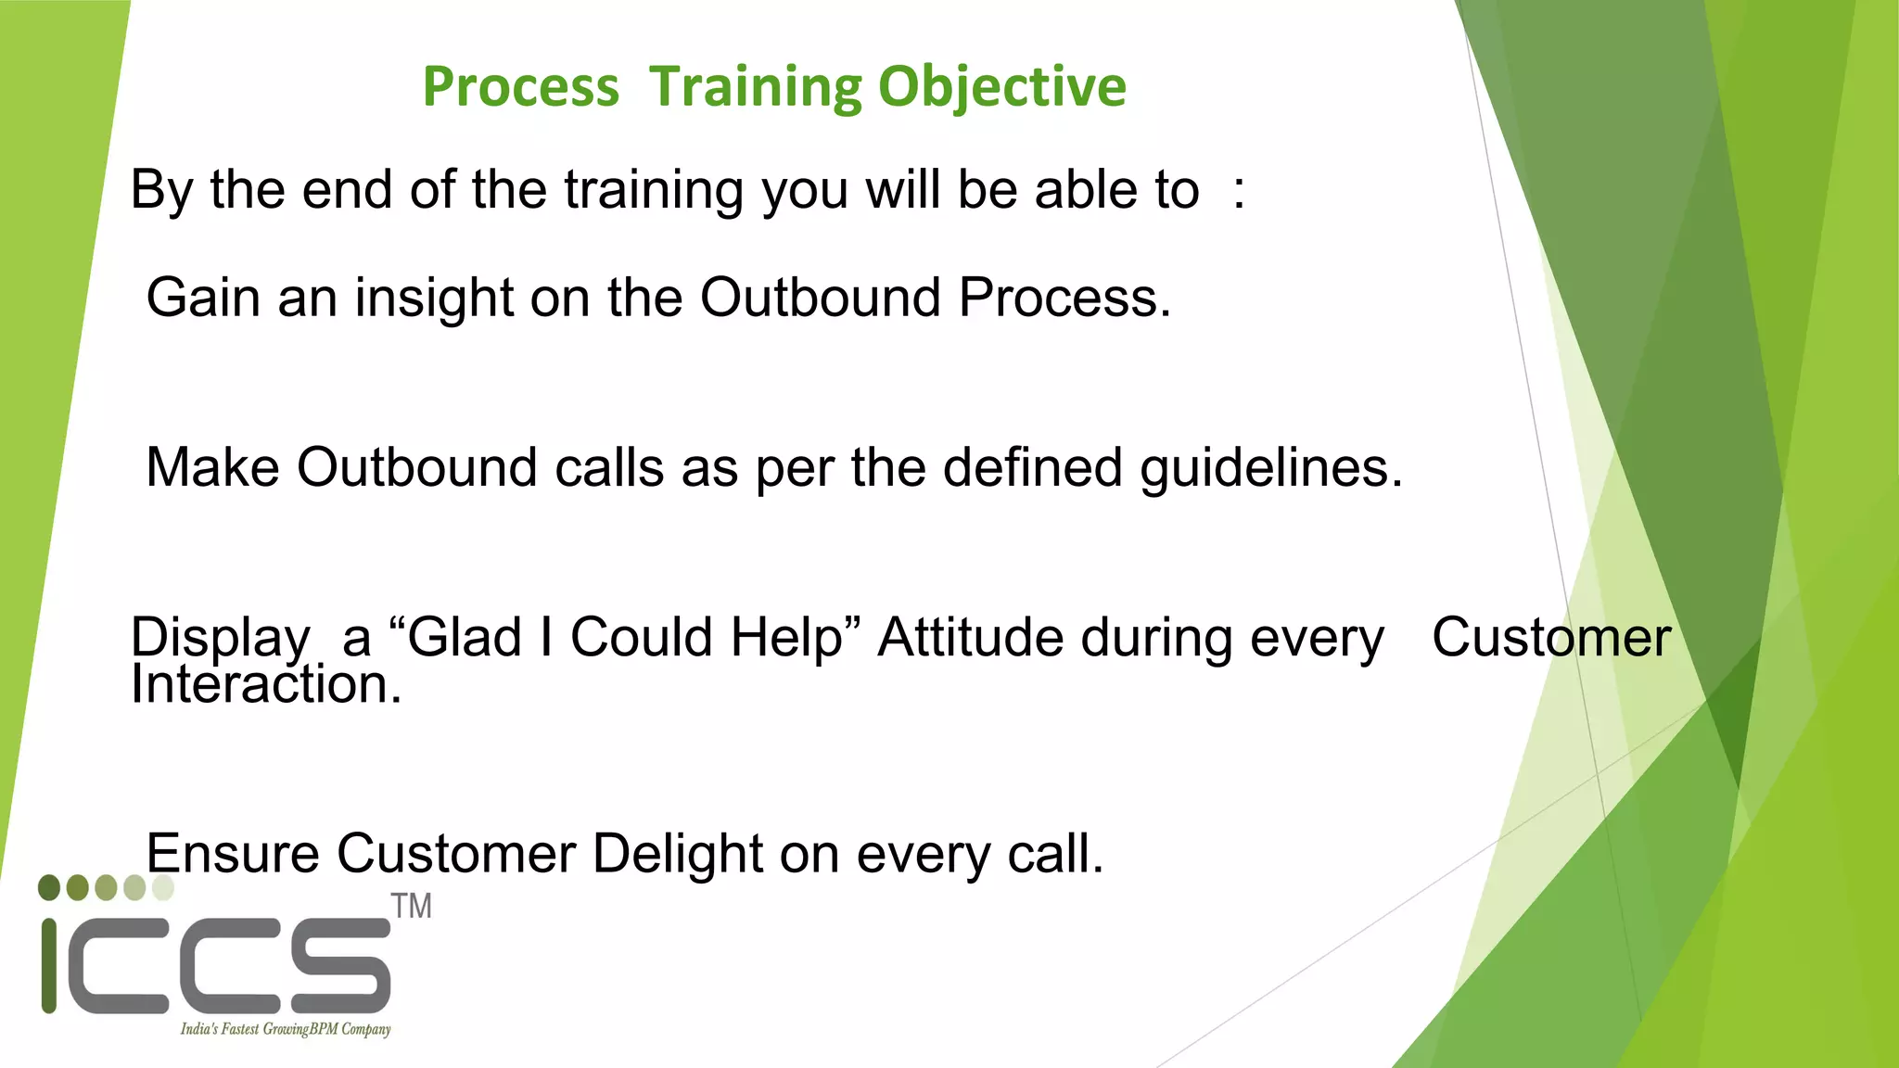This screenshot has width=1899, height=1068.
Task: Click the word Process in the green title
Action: coord(520,87)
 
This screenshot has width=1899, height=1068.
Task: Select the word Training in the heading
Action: coord(755,87)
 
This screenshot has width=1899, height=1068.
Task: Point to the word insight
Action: coord(433,299)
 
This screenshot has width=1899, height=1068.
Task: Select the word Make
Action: coord(212,467)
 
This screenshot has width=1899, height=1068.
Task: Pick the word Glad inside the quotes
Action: coord(465,638)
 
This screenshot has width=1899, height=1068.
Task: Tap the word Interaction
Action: coord(265,686)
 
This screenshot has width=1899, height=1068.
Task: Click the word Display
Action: coord(221,638)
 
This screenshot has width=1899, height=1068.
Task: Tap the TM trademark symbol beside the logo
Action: coord(411,906)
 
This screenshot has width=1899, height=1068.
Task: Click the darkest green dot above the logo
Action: coord(49,887)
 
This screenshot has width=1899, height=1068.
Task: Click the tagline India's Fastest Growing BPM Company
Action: coord(285,1029)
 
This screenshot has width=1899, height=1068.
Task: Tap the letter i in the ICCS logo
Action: coord(50,965)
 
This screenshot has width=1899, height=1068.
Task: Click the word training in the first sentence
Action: coord(653,191)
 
